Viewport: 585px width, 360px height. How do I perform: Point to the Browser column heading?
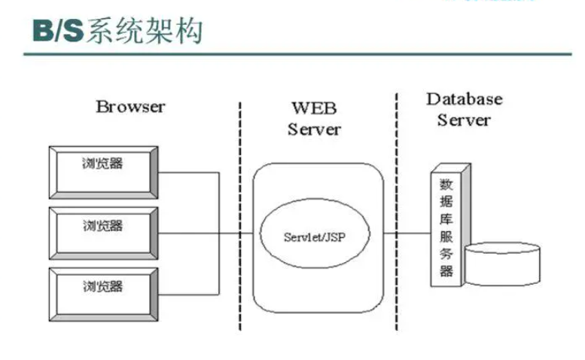pos(130,106)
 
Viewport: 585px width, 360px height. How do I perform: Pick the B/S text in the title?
pos(57,31)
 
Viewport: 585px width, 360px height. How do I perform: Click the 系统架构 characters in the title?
pos(144,31)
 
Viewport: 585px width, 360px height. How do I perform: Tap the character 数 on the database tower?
pos(446,183)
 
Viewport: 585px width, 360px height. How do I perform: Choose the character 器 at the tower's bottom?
pos(446,270)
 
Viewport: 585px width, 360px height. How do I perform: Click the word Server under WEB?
pos(314,129)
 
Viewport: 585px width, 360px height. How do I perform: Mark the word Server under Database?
pos(465,120)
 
